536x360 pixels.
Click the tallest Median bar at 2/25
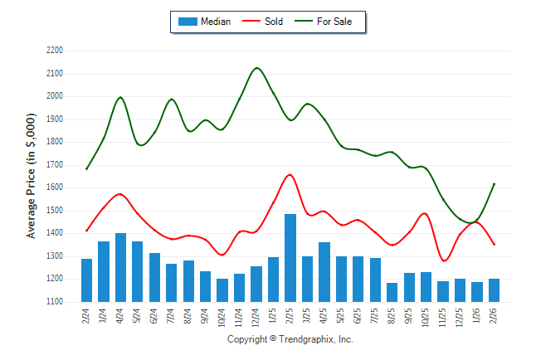point(290,258)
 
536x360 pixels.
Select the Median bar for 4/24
point(121,267)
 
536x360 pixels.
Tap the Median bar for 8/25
point(392,292)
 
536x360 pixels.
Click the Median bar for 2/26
point(494,290)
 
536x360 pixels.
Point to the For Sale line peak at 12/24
point(256,68)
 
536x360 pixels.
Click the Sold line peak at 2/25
point(290,174)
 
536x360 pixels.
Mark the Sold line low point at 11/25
point(444,261)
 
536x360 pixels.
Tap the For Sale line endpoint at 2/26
point(495,184)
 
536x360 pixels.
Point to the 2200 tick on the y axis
point(55,51)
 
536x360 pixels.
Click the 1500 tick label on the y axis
point(55,211)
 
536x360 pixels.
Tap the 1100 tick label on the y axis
point(55,302)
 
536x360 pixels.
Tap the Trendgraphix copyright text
point(290,339)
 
